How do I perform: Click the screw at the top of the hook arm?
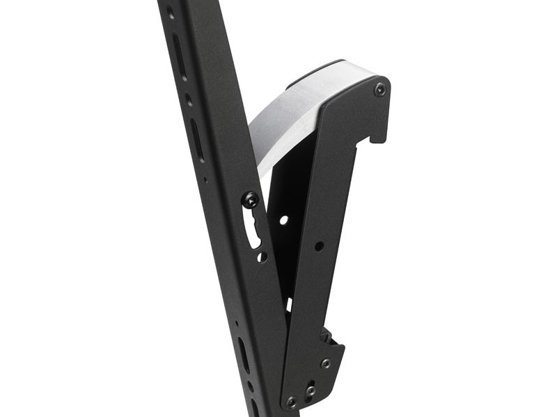pos(379,90)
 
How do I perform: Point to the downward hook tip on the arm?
pos(378,137)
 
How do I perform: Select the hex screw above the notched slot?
pos(250,200)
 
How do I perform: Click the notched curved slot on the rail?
pos(255,229)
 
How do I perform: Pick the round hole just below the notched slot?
pos(262,256)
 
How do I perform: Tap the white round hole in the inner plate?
pos(283,220)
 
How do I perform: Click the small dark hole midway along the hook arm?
pos(318,246)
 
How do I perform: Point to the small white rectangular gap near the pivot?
pos(288,304)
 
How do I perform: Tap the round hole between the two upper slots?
pos(189,99)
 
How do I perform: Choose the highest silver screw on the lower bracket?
pos(326,363)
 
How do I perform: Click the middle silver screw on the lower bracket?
pos(311,390)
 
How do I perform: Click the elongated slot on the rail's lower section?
pos(243,354)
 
